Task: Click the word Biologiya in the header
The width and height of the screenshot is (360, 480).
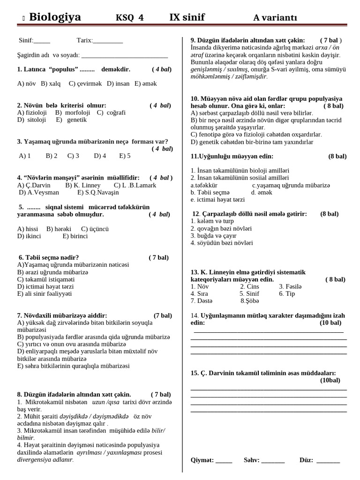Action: pyautogui.click(x=55, y=17)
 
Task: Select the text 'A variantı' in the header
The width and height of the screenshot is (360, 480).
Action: pyautogui.click(x=275, y=18)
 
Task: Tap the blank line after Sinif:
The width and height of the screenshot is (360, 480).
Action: pyautogui.click(x=42, y=41)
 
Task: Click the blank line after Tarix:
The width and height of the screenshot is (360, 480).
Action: pyautogui.click(x=108, y=41)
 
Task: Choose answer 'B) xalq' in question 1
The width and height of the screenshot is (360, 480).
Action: pyautogui.click(x=51, y=83)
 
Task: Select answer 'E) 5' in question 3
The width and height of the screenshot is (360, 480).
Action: pyautogui.click(x=125, y=156)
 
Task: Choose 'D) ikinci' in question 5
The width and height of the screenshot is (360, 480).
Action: pyautogui.click(x=29, y=236)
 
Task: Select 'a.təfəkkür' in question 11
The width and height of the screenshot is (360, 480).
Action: pyautogui.click(x=204, y=185)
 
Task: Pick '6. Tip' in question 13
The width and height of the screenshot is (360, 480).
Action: pyautogui.click(x=287, y=293)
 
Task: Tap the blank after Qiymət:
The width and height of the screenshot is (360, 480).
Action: pyautogui.click(x=224, y=461)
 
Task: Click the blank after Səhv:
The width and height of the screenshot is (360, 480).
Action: pyautogui.click(x=273, y=461)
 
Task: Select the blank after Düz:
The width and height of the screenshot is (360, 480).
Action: pyautogui.click(x=328, y=461)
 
